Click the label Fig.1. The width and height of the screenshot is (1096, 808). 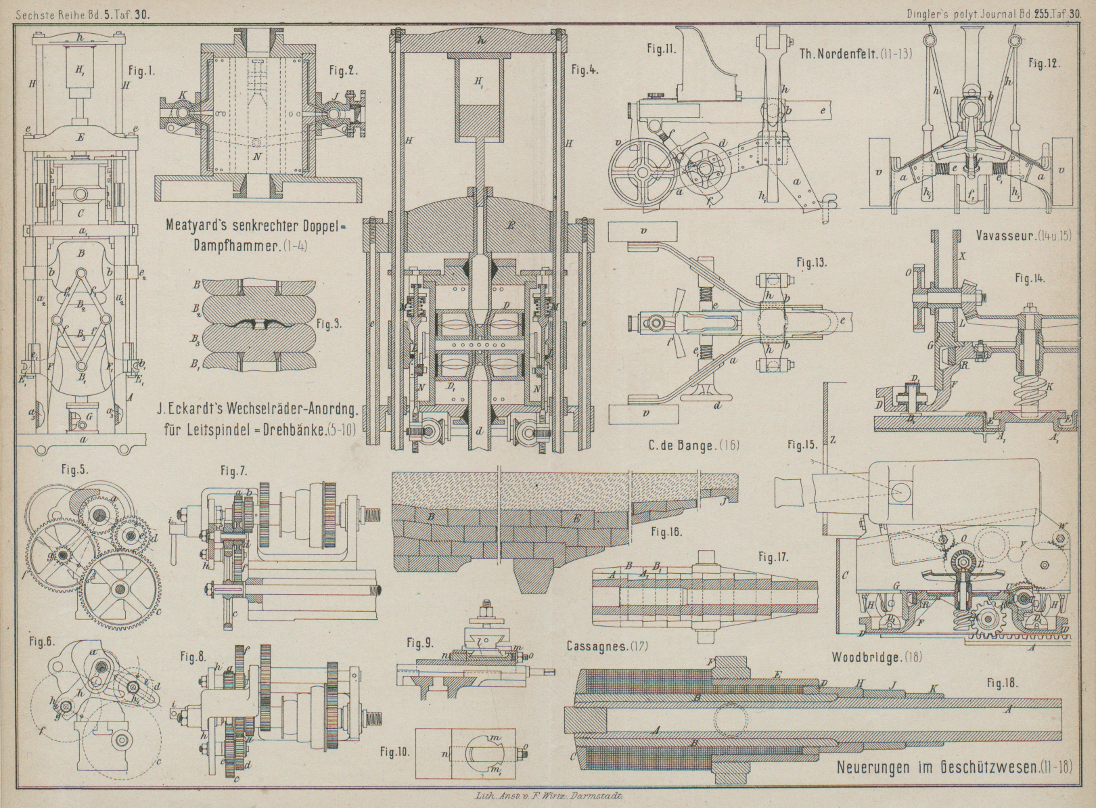pos(145,70)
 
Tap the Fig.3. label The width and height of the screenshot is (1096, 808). pos(329,323)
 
